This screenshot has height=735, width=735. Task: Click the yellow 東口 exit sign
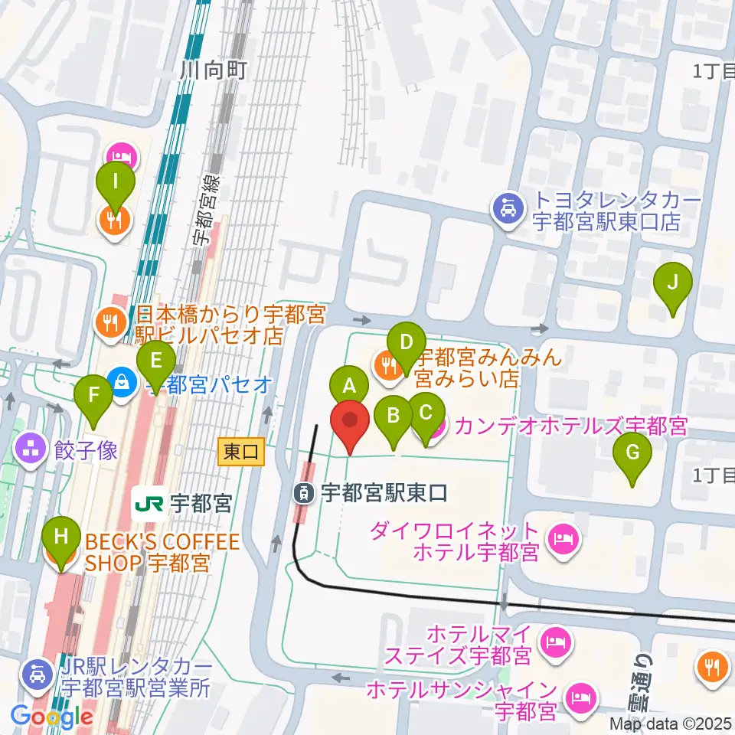(x=241, y=451)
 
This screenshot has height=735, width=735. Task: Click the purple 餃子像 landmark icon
(x=31, y=449)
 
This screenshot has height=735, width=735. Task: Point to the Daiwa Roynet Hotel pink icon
(x=564, y=541)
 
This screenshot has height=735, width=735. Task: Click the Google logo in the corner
(x=52, y=717)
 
